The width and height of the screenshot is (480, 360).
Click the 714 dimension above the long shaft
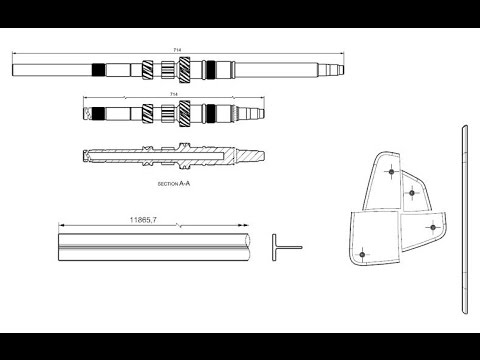[x=176, y=50]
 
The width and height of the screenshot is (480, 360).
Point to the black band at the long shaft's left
[x=98, y=70]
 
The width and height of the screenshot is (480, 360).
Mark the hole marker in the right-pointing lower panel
[x=432, y=227]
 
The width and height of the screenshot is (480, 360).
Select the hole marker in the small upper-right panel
[x=413, y=190]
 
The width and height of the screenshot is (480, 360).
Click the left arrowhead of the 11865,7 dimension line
[x=62, y=224]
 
